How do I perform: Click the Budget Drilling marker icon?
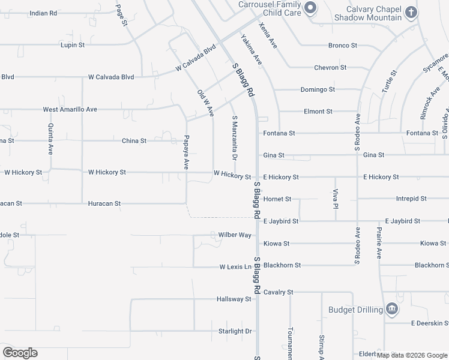(x=392, y=309)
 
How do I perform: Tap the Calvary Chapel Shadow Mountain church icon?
(x=411, y=12)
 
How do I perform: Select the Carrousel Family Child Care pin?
(x=310, y=8)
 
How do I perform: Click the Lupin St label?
(x=73, y=45)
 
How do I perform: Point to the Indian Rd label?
(x=43, y=13)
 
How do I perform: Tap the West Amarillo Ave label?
(x=70, y=110)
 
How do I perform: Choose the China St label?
(x=134, y=141)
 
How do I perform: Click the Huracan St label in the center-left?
(x=104, y=203)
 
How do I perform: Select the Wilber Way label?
(x=235, y=235)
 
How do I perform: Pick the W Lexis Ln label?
(x=235, y=266)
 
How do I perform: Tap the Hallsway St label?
(x=234, y=299)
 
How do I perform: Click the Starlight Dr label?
(x=235, y=331)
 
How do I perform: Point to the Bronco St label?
(x=342, y=46)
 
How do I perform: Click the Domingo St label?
(x=317, y=89)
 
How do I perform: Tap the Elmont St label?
(x=318, y=112)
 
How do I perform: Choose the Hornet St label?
(x=277, y=199)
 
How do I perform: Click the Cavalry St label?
(x=278, y=292)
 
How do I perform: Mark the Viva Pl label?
(x=336, y=199)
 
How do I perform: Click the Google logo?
(x=20, y=353)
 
